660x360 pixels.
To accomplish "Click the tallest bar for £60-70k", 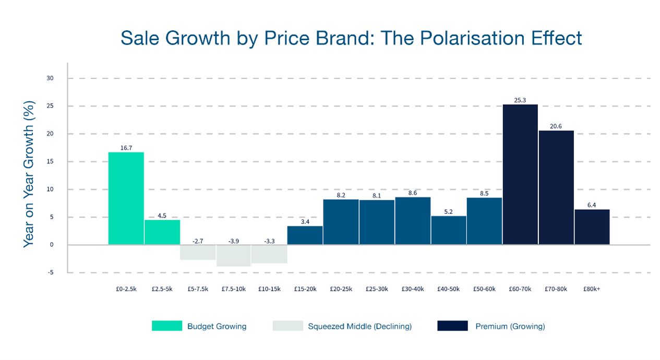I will pyautogui.click(x=520, y=175).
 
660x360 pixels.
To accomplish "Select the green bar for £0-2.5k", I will pyautogui.click(x=126, y=198).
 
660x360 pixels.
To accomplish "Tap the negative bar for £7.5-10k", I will pyautogui.click(x=233, y=256).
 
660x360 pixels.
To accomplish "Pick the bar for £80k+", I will pyautogui.click(x=592, y=227).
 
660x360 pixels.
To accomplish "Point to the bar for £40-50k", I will pyautogui.click(x=449, y=230).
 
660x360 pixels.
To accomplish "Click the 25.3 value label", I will pyautogui.click(x=520, y=100).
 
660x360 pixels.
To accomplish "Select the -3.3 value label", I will pyautogui.click(x=269, y=241).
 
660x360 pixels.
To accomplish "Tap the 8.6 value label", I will pyautogui.click(x=413, y=193).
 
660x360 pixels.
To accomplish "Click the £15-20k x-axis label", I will pyautogui.click(x=305, y=289).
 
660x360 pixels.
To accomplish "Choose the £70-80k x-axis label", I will pyautogui.click(x=556, y=289).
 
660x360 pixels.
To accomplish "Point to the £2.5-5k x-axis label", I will pyautogui.click(x=162, y=289).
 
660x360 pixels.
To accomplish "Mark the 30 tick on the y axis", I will pyautogui.click(x=50, y=78).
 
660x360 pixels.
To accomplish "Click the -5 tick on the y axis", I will pyautogui.click(x=50, y=272).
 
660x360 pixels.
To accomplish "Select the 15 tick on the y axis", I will pyautogui.click(x=50, y=162).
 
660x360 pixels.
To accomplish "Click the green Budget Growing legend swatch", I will pyautogui.click(x=167, y=326).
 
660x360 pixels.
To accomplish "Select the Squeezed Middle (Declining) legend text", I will pyautogui.click(x=359, y=327).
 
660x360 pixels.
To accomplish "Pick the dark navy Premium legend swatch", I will pyautogui.click(x=452, y=326).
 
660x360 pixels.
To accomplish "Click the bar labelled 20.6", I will pyautogui.click(x=556, y=187).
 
